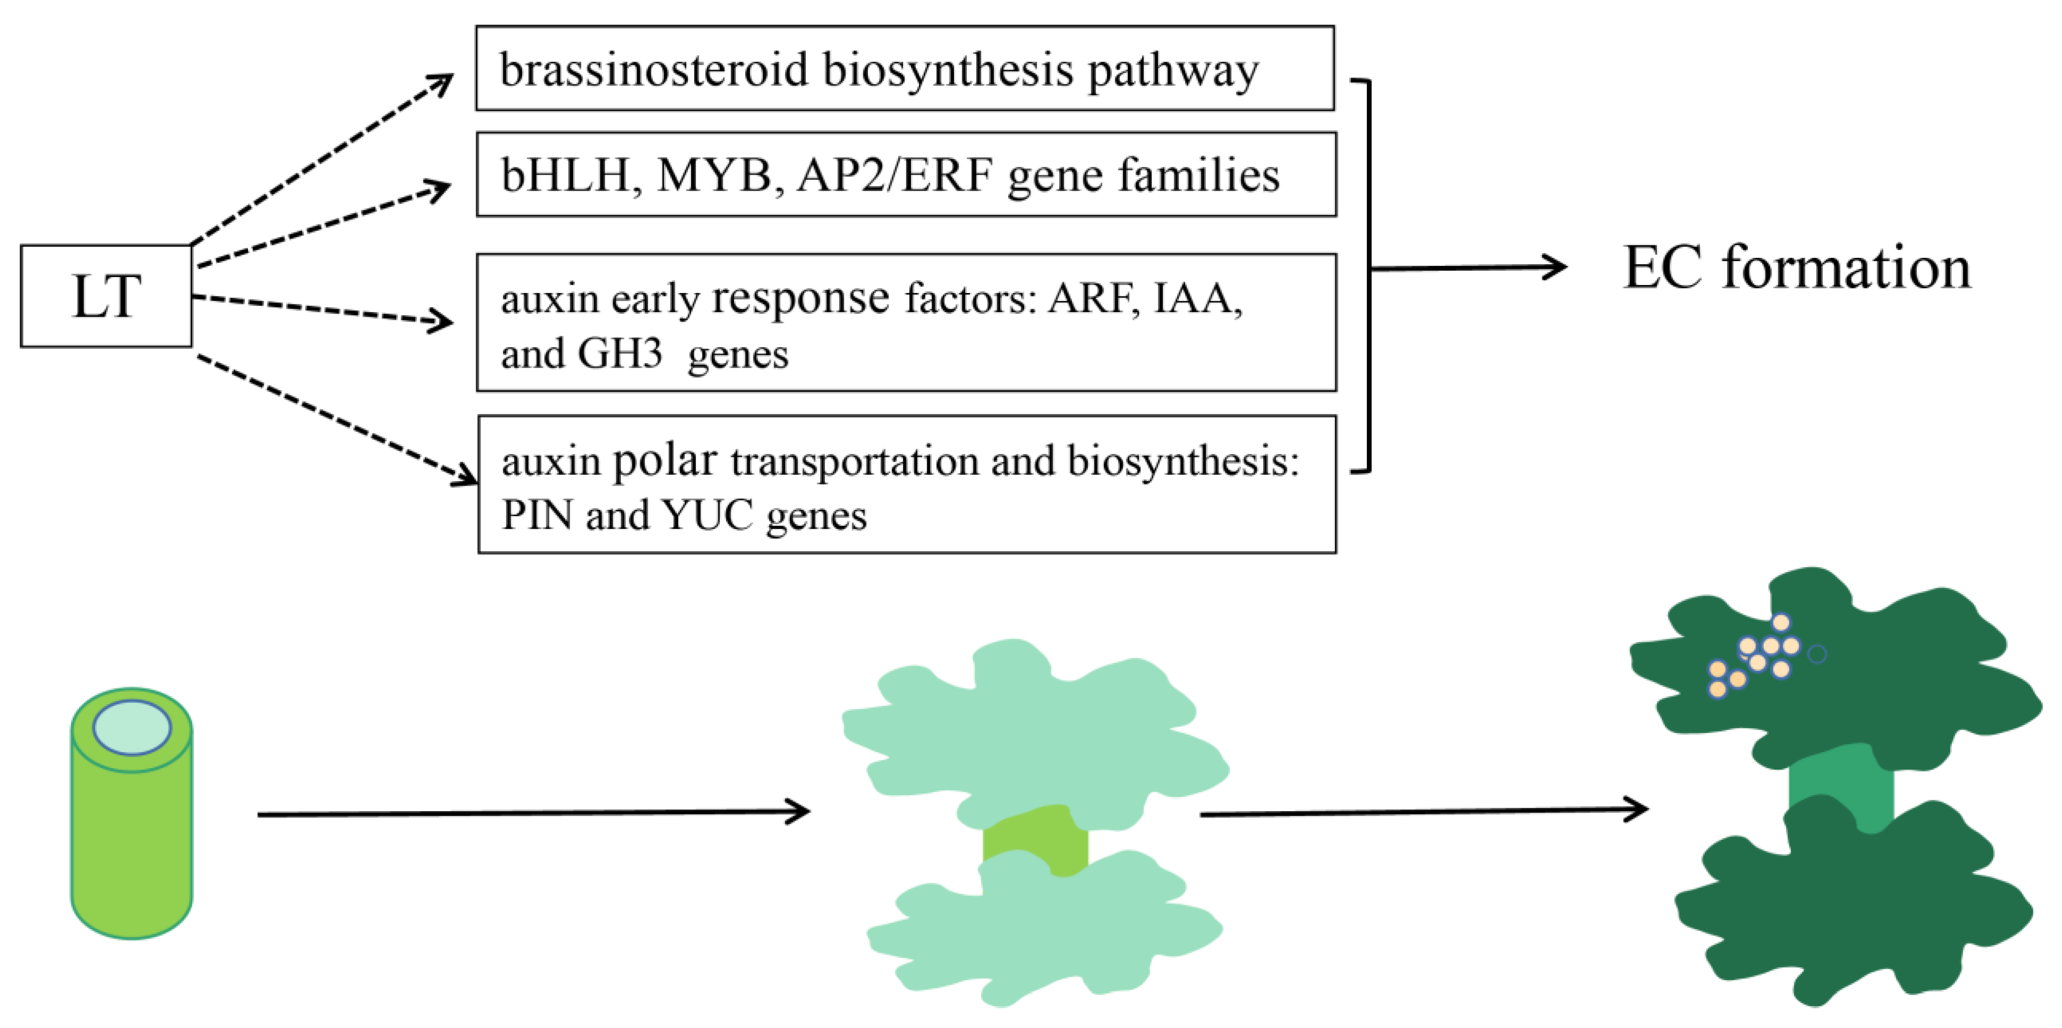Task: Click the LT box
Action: [106, 296]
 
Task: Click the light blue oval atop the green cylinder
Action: [132, 727]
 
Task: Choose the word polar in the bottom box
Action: [664, 461]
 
